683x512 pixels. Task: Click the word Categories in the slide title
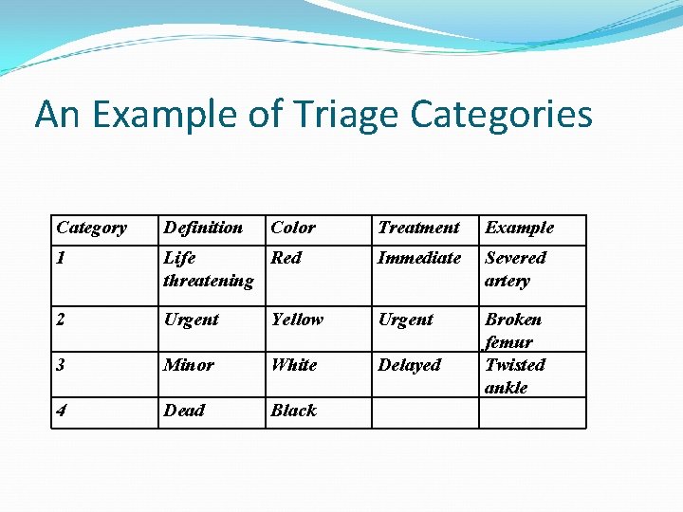click(x=502, y=115)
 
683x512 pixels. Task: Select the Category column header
click(x=91, y=228)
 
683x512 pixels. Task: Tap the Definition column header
click(x=203, y=228)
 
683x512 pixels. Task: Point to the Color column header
click(x=293, y=228)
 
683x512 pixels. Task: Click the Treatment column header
click(x=418, y=228)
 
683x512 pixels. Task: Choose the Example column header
click(x=520, y=228)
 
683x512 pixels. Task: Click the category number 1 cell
click(x=62, y=258)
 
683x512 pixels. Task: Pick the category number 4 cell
click(x=62, y=411)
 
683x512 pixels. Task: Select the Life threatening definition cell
click(x=208, y=269)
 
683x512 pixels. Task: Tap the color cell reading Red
click(x=286, y=258)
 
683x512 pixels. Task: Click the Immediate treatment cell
click(x=419, y=258)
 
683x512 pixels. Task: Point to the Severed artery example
click(x=515, y=269)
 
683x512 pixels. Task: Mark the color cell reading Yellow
click(x=297, y=320)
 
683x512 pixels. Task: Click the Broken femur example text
click(x=512, y=330)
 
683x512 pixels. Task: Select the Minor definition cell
click(x=189, y=365)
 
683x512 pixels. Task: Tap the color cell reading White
click(x=294, y=365)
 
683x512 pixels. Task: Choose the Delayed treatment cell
click(x=410, y=365)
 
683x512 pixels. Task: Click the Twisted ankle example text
click(x=514, y=376)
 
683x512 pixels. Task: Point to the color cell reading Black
click(x=293, y=411)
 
